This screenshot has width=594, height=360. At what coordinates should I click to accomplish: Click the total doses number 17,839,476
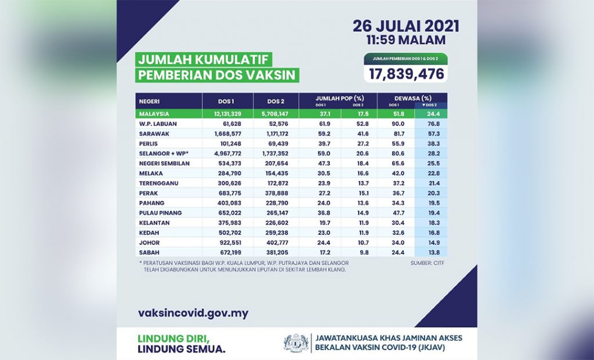[404, 74]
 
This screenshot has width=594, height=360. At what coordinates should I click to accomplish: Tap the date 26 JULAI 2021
[406, 27]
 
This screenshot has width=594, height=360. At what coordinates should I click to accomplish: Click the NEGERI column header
[150, 100]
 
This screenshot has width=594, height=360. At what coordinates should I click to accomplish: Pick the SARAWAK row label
[153, 133]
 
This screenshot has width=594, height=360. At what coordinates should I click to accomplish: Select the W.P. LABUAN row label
[157, 123]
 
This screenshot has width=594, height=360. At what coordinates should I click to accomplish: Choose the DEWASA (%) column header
[412, 98]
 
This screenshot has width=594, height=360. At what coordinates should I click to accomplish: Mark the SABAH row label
[148, 253]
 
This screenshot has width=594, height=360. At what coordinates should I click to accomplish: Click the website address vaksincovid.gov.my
[194, 314]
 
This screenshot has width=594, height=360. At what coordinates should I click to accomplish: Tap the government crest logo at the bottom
[296, 343]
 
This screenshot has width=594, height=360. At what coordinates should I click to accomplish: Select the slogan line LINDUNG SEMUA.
[182, 349]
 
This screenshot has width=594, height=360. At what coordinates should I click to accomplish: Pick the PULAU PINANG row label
[161, 213]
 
